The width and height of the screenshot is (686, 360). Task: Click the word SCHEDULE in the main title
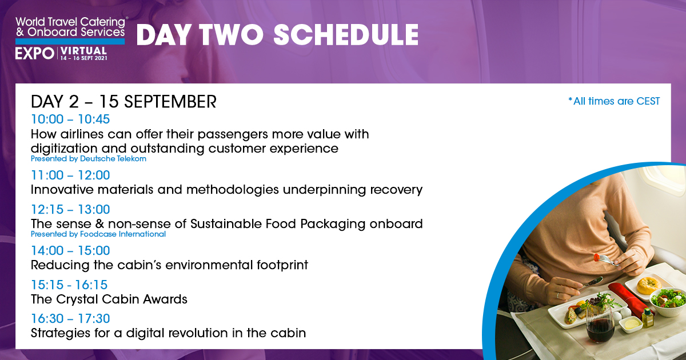point(346,35)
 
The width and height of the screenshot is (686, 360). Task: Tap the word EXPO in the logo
point(35,54)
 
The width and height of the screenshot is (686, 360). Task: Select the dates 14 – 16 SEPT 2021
point(83,58)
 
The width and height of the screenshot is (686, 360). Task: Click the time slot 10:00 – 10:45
point(70,119)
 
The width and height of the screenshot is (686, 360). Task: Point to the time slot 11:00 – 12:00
point(70,175)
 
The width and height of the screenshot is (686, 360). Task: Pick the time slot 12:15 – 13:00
point(70,209)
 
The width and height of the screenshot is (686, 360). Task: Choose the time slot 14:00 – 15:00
point(70,250)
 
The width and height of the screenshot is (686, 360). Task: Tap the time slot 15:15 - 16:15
point(69,285)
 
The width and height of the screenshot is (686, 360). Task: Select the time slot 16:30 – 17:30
point(70,318)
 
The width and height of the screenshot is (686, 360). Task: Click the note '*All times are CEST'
point(614,101)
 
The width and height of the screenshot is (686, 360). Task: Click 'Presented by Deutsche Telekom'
point(89,159)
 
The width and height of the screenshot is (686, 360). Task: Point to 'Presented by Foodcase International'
point(98,234)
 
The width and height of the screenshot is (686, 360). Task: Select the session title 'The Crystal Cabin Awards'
point(109,299)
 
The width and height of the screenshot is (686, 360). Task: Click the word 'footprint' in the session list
point(282,265)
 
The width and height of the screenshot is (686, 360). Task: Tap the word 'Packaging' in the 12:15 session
point(333,224)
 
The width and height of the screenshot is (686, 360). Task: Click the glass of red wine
point(600,325)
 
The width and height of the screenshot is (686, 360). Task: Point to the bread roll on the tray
point(648,285)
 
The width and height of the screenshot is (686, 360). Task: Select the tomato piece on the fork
point(597,258)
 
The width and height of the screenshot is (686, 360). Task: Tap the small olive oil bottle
point(647,317)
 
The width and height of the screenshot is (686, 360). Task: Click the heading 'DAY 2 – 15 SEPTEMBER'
point(123,102)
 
